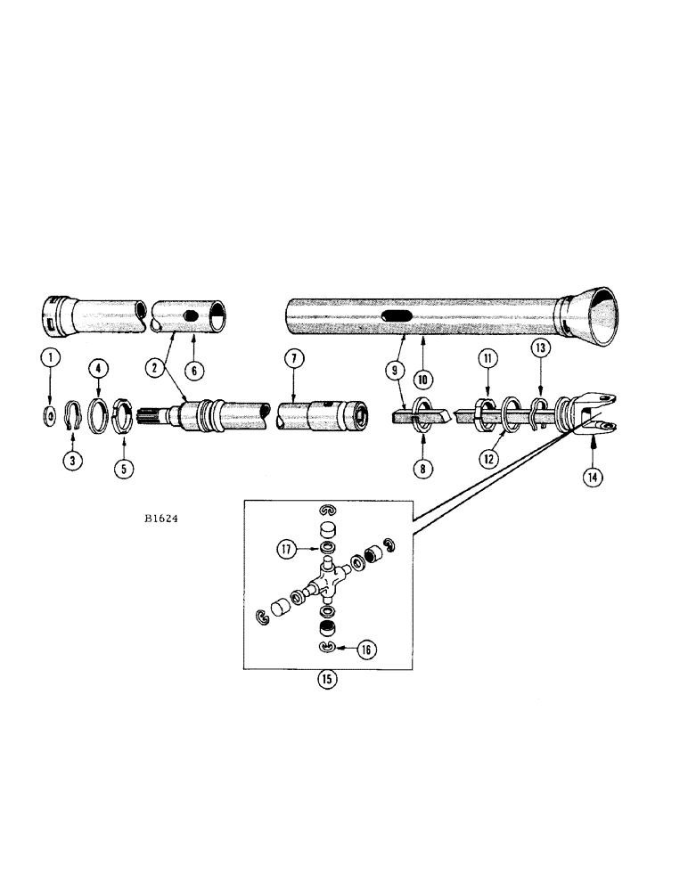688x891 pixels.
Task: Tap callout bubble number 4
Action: (x=98, y=366)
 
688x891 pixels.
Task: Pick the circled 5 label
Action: (x=122, y=464)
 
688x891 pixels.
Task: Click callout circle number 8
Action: (x=416, y=463)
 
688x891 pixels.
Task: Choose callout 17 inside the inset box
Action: (x=285, y=550)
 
